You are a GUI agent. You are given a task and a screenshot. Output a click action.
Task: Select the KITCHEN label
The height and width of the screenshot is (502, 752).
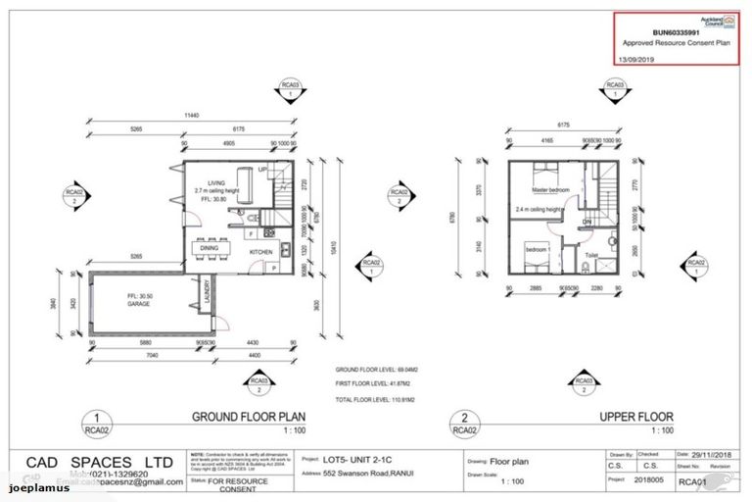[x=261, y=252]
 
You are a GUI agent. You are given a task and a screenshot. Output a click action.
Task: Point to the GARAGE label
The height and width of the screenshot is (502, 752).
[x=139, y=304]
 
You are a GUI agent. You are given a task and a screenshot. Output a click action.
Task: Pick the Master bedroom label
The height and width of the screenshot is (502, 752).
[x=552, y=189]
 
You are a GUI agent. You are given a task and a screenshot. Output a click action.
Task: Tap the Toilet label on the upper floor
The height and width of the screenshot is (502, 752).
[x=591, y=255]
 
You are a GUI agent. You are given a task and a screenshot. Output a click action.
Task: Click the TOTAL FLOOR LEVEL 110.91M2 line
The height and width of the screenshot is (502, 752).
[x=374, y=401]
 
